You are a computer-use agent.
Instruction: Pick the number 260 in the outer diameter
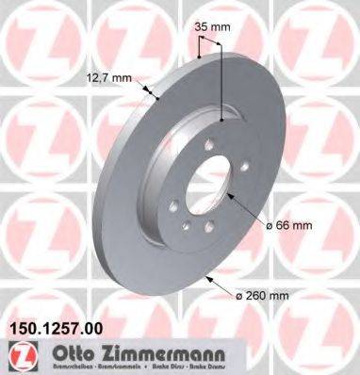click(x=263, y=294)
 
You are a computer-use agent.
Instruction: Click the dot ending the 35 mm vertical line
click(x=222, y=120)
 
